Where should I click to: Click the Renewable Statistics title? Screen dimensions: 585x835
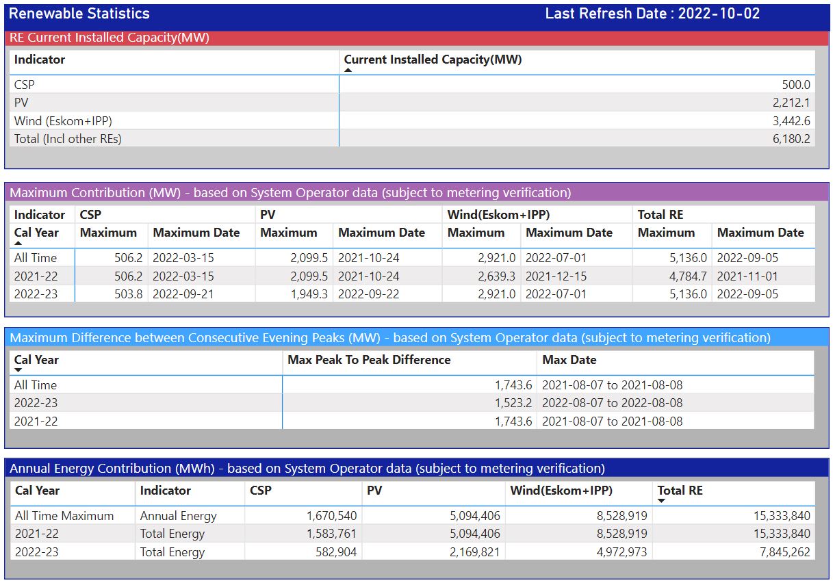click(79, 14)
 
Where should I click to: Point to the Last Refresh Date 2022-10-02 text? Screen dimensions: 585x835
click(652, 14)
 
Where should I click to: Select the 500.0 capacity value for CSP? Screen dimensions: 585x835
click(796, 85)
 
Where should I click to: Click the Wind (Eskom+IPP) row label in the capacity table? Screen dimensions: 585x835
click(63, 121)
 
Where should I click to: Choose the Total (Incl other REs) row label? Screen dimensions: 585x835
click(68, 139)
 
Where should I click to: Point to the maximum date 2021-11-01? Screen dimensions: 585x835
click(747, 276)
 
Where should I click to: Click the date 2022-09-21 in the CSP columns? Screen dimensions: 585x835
click(183, 294)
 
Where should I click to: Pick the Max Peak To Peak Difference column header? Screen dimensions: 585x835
click(369, 360)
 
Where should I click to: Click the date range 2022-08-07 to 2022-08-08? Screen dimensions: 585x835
click(612, 403)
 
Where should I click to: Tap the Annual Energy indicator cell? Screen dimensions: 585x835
click(178, 516)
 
